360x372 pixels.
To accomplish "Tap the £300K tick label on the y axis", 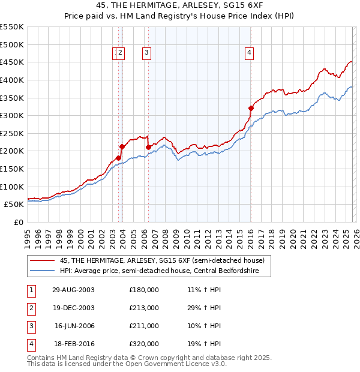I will click(x=12, y=115).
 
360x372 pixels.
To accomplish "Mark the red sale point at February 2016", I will click(x=251, y=108).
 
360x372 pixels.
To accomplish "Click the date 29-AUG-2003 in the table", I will click(x=73, y=290).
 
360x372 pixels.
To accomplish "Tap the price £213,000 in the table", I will click(x=144, y=308).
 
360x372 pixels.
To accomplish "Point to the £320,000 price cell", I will click(x=144, y=344).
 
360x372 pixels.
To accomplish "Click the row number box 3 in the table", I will click(x=31, y=326).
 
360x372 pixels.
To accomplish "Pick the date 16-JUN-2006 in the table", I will click(x=74, y=326).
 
